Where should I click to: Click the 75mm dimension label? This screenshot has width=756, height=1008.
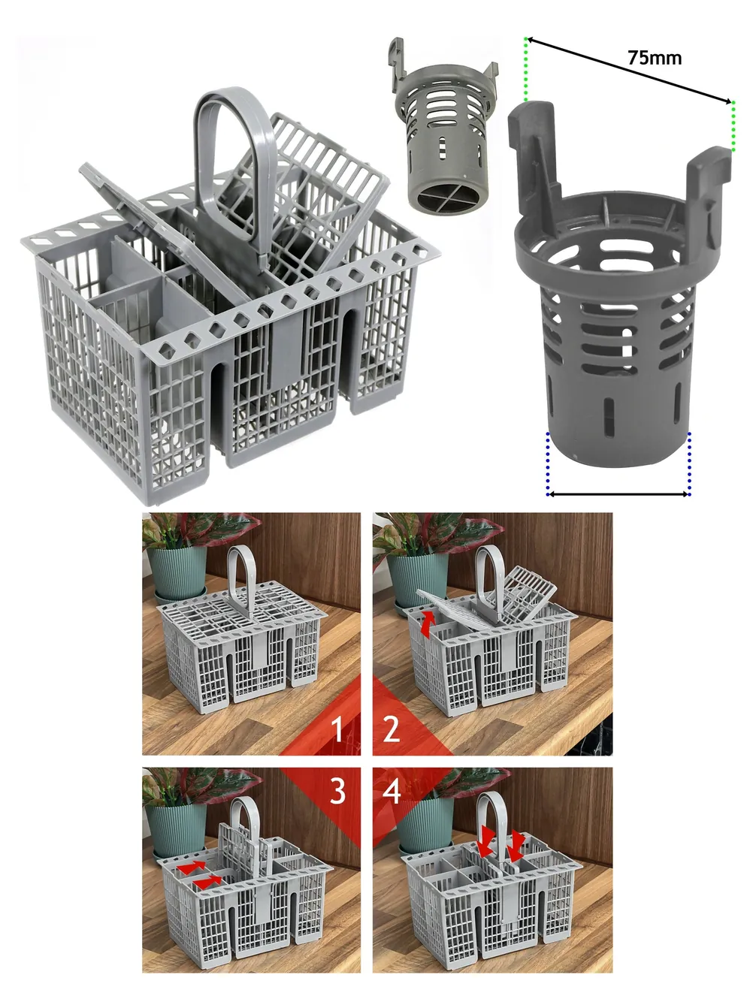click(x=655, y=59)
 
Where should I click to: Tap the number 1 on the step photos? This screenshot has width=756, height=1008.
click(x=337, y=729)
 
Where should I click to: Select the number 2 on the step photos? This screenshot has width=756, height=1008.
click(x=392, y=729)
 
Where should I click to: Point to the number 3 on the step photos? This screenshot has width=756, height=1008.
click(x=337, y=791)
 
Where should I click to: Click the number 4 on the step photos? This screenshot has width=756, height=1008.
click(x=392, y=791)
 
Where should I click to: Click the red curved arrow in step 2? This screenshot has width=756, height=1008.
click(x=428, y=623)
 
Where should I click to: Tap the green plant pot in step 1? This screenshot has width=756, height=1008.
click(x=177, y=573)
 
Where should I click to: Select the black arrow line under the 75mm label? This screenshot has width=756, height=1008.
click(x=629, y=71)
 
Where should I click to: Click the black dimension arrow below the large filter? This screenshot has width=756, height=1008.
click(x=619, y=494)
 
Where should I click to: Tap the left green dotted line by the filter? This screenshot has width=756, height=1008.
click(x=526, y=70)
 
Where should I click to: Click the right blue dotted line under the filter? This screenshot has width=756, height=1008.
click(x=689, y=464)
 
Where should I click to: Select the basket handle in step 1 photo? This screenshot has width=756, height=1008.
click(x=241, y=580)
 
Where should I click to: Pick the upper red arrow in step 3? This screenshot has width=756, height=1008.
click(x=191, y=867)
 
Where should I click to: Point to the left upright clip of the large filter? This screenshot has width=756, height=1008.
click(x=533, y=152)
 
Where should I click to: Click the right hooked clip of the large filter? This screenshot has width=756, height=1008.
click(x=707, y=184)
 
